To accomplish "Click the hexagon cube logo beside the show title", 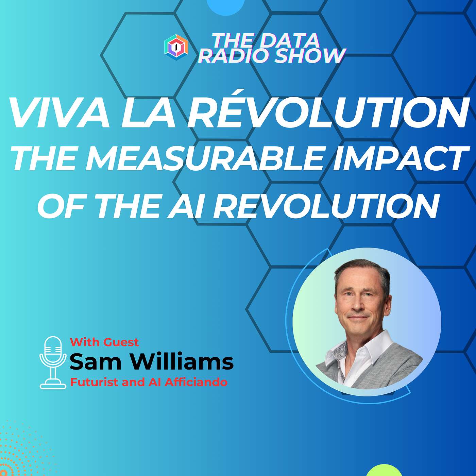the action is click(176, 47).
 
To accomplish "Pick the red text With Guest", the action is click(104, 342).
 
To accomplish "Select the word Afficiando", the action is click(196, 382).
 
